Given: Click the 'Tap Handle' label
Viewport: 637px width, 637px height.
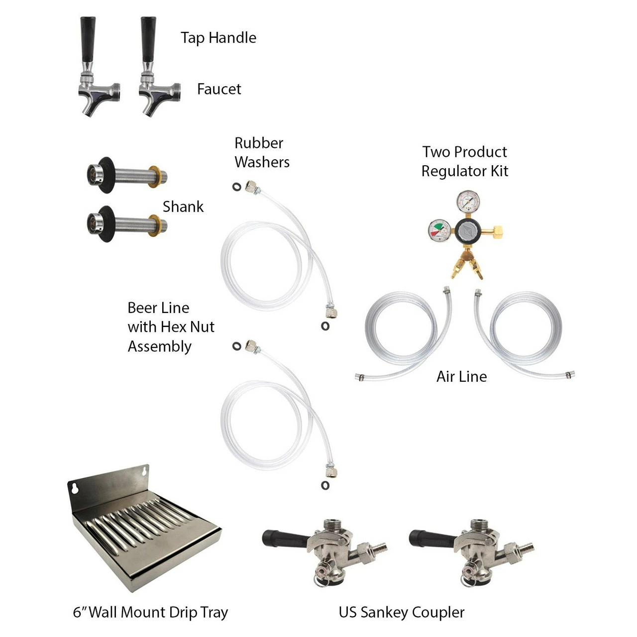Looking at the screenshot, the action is (218, 38).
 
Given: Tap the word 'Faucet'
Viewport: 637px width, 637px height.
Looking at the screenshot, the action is (219, 89).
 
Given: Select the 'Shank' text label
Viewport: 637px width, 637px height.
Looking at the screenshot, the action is (183, 207).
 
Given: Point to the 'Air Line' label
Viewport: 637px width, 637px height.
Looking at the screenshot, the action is (461, 377).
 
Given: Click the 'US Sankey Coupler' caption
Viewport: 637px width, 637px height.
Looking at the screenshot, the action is (402, 613).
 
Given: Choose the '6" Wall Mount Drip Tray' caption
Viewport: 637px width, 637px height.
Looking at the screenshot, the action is (150, 613).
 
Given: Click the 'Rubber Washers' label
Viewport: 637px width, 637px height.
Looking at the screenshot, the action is (262, 153).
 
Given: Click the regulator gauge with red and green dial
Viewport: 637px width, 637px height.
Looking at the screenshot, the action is (439, 231).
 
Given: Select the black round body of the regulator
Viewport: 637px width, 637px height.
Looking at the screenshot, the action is (468, 231).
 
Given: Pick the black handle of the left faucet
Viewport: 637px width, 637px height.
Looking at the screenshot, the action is (88, 39).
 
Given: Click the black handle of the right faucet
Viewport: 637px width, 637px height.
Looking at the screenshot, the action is (148, 39).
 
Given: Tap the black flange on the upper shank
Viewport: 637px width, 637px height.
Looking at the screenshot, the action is (106, 175).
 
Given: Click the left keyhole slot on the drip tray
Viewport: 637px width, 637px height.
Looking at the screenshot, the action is (75, 488).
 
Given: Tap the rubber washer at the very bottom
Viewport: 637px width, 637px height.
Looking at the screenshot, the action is (325, 486).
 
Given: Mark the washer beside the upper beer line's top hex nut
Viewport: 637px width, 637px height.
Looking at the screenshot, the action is (237, 187).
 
